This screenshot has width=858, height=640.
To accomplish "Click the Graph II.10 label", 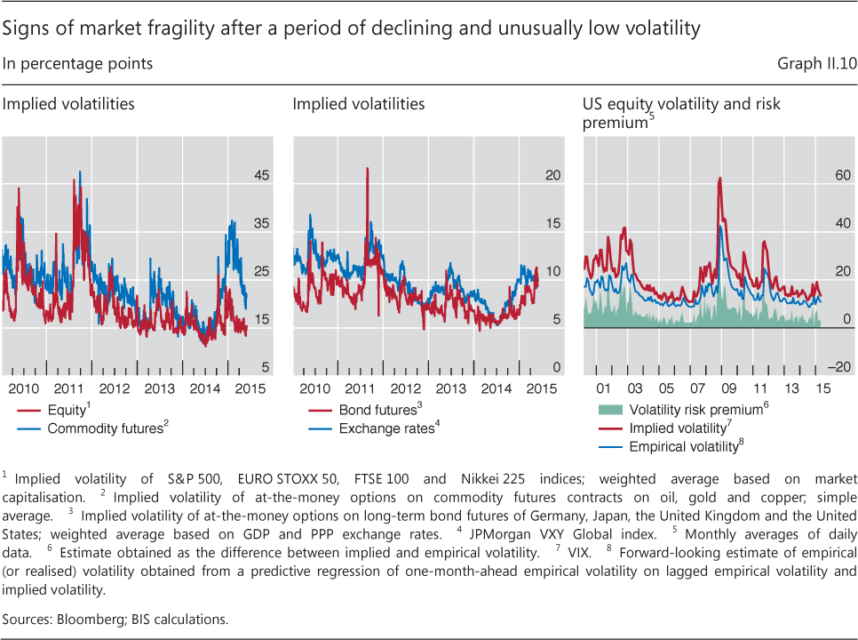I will point(817,63).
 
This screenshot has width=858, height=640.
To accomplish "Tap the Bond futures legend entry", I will point(377,411).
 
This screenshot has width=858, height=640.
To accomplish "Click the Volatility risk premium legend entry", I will point(694,411).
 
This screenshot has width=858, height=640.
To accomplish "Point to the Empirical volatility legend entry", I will point(685,446).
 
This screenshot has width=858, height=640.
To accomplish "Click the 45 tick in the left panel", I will point(262,176).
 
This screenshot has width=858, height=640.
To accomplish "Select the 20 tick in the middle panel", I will point(552,176).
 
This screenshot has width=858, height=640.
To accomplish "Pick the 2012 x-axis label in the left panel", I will point(115,388).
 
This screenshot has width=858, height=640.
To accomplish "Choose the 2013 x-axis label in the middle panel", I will point(450,388).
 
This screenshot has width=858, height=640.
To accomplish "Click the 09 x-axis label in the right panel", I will point(729,388).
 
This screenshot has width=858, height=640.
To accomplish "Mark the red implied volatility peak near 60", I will point(719,179).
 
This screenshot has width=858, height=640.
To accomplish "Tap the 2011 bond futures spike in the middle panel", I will point(367,169).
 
